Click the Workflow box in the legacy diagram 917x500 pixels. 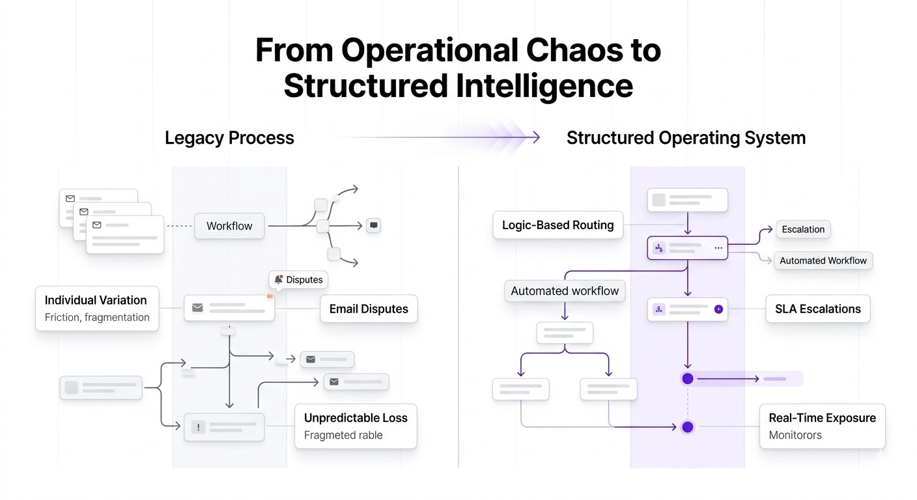coord(229,226)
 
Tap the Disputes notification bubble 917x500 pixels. coord(298,280)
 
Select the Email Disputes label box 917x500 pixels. coord(369,309)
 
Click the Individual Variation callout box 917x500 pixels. coord(97,309)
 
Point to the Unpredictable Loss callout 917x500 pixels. coord(356,426)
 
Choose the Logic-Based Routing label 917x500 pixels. coord(558,225)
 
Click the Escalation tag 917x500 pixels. coord(803,229)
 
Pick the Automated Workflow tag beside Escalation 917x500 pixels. coord(823,260)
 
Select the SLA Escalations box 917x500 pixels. coord(818,309)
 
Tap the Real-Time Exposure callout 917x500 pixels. coord(823,426)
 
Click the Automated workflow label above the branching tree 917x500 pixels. coord(565,291)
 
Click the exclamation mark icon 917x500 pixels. coord(199,427)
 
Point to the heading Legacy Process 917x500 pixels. coord(229,138)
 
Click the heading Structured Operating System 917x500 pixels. coord(686,138)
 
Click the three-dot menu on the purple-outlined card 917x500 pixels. coord(718,248)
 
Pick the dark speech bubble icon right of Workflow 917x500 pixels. coord(374,225)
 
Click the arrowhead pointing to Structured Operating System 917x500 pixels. coord(535,137)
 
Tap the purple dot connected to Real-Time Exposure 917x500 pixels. coord(688,427)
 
